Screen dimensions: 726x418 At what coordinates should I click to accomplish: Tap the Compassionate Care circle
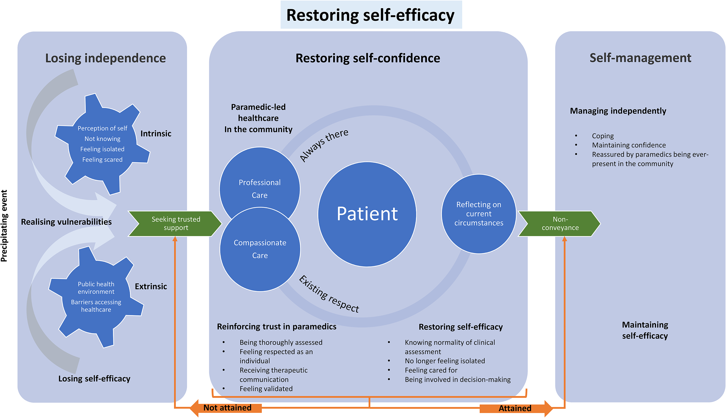[260, 249]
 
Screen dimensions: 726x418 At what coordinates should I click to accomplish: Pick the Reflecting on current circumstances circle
[479, 214]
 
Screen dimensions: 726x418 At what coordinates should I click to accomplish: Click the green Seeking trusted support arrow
[175, 224]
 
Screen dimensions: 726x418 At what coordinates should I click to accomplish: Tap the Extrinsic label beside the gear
[151, 286]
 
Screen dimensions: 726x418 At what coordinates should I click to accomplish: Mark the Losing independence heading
[106, 58]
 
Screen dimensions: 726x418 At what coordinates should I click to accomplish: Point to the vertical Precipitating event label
[4, 226]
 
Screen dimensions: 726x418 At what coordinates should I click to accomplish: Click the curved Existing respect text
[329, 294]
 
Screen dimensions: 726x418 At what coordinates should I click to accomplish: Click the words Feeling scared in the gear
[102, 160]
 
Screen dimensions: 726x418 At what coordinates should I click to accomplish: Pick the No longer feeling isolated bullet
[445, 361]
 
